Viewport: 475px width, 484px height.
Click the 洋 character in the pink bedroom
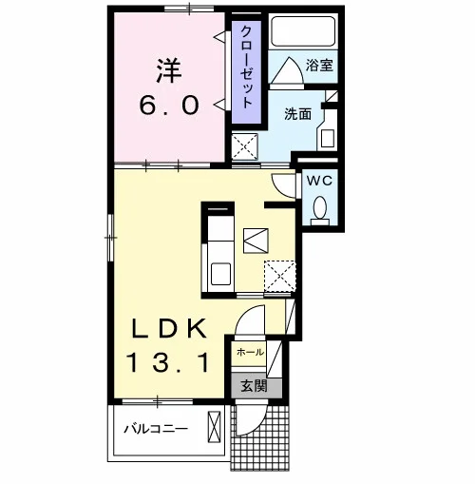click(x=168, y=70)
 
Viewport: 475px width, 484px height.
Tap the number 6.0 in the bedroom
click(x=169, y=106)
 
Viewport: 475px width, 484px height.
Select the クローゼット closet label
click(x=247, y=68)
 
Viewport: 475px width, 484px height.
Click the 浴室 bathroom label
click(x=319, y=65)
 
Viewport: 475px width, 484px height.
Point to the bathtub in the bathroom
click(x=303, y=31)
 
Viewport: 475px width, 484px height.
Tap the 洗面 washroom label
click(x=297, y=114)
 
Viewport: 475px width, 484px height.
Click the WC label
click(x=319, y=181)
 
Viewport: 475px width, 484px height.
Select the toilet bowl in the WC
click(x=320, y=207)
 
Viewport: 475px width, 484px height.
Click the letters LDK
click(x=169, y=329)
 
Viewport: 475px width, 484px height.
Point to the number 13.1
click(x=168, y=362)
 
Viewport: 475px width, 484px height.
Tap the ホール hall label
click(x=250, y=352)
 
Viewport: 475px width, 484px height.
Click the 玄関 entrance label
click(x=254, y=386)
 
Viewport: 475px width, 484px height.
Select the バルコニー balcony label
click(x=156, y=429)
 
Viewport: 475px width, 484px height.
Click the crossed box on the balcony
click(x=214, y=427)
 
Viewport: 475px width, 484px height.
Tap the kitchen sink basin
click(x=220, y=274)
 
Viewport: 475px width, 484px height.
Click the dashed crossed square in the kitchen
click(x=280, y=276)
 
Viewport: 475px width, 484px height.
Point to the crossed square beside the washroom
click(x=245, y=146)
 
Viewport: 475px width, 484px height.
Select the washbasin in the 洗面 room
click(x=328, y=139)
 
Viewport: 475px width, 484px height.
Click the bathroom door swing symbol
click(x=288, y=70)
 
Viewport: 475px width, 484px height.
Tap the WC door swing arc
click(x=284, y=186)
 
